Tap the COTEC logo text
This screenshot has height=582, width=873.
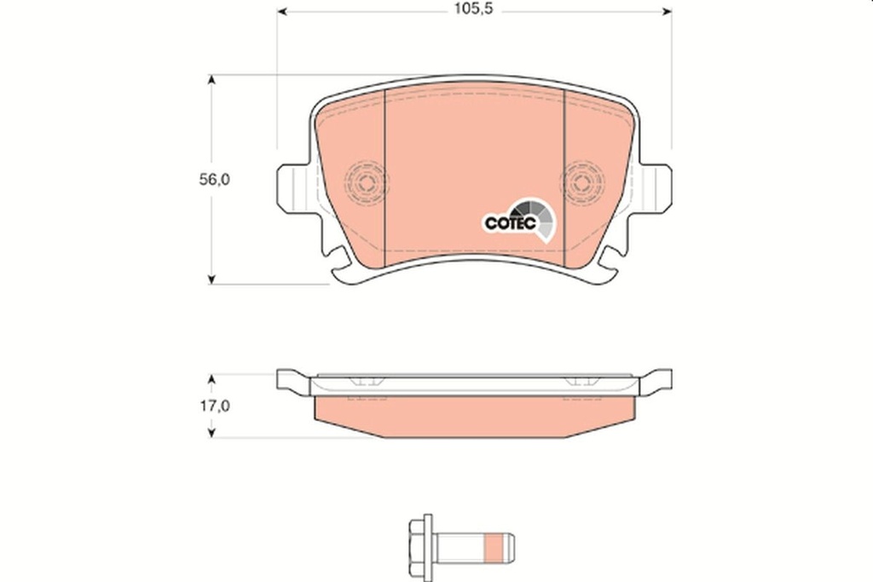(510, 222)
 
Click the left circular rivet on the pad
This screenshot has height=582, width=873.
(366, 182)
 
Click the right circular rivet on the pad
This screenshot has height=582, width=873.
(582, 182)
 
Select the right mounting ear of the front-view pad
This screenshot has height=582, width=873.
(656, 187)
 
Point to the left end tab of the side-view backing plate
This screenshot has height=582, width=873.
(290, 380)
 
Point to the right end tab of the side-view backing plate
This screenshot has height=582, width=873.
(657, 380)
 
